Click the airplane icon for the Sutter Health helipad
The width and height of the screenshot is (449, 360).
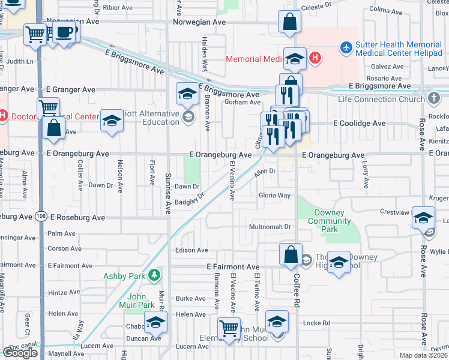(346, 46)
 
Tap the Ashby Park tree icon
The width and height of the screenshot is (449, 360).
(155, 275)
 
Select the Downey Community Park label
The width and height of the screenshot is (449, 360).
(325, 221)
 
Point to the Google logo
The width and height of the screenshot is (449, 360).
(20, 353)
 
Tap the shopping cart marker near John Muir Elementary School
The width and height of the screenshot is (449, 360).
(229, 328)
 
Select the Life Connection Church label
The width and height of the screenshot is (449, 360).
(382, 99)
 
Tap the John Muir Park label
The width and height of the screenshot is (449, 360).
(141, 301)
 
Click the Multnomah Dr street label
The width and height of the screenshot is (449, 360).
(270, 227)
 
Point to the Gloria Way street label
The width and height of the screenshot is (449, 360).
(274, 196)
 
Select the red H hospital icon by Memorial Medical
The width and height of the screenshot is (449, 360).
(315, 58)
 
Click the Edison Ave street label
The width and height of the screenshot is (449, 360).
(191, 250)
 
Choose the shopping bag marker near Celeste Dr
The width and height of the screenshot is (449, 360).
(290, 22)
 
